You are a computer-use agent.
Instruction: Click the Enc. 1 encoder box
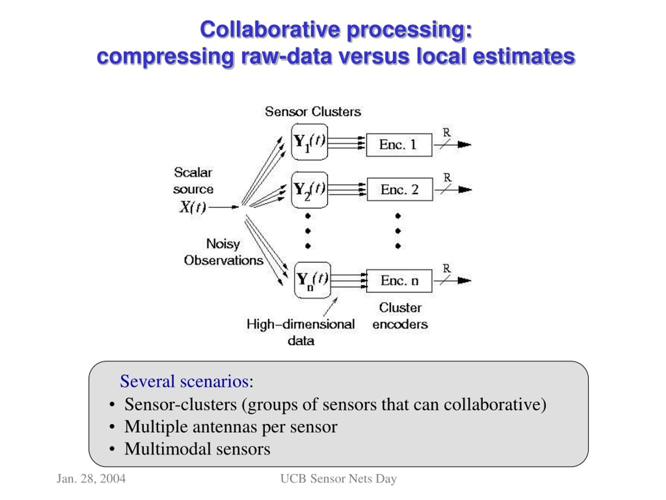point(399,145)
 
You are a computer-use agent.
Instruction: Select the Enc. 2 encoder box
point(400,190)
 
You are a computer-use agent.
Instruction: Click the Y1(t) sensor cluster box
point(310,142)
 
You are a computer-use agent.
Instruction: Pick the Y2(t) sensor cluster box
point(310,190)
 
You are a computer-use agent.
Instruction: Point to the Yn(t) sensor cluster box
point(312,280)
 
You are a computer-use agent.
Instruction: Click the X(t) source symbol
point(193,207)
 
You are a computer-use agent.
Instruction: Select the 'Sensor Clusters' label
point(313,112)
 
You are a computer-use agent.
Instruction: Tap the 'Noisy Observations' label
point(223,252)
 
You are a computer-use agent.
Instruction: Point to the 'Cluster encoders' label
point(400,316)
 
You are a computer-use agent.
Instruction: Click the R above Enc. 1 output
point(446,133)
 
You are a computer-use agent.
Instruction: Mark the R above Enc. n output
point(446,268)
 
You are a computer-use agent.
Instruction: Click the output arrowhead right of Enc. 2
point(465,190)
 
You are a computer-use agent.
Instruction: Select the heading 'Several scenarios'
point(184,381)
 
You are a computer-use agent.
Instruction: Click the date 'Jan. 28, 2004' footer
point(91,479)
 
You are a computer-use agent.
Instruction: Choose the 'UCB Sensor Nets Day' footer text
point(339,479)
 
